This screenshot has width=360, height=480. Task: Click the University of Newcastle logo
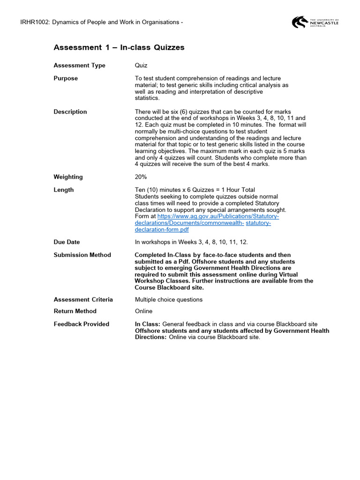pyautogui.click(x=315, y=22)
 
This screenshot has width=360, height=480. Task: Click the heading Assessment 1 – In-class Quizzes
pyautogui.click(x=119, y=47)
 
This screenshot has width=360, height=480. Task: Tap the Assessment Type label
pyautogui.click(x=80, y=66)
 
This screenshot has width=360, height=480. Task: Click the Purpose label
pyautogui.click(x=66, y=78)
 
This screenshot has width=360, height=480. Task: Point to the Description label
pyautogui.click(x=70, y=112)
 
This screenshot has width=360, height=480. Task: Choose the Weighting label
pyautogui.click(x=68, y=177)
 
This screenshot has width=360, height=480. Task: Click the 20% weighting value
pyautogui.click(x=141, y=177)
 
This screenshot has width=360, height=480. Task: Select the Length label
pyautogui.click(x=64, y=190)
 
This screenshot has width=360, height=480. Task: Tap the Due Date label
pyautogui.click(x=67, y=242)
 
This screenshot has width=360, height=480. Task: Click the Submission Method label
pyautogui.click(x=82, y=255)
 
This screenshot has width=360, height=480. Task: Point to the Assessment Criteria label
pyautogui.click(x=83, y=300)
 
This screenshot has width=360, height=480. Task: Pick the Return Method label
pyautogui.click(x=75, y=311)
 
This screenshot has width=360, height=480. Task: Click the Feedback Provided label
pyautogui.click(x=82, y=324)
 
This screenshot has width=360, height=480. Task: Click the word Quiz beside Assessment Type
pyautogui.click(x=141, y=66)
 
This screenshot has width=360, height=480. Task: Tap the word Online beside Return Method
pyautogui.click(x=143, y=311)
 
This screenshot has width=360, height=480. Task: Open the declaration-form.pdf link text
pyautogui.click(x=162, y=230)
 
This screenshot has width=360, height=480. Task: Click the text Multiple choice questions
pyautogui.click(x=169, y=300)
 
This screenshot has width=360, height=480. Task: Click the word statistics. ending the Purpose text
pyautogui.click(x=147, y=98)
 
